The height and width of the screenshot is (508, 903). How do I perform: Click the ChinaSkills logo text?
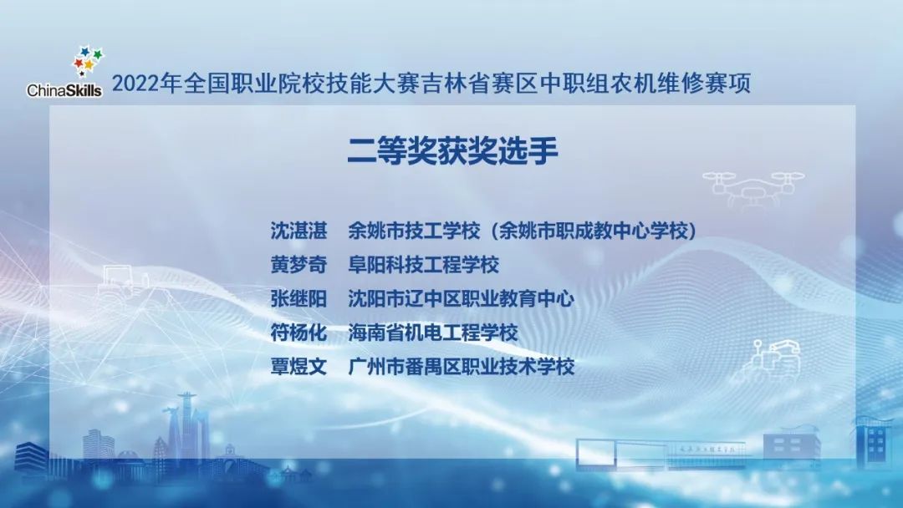click(x=64, y=90)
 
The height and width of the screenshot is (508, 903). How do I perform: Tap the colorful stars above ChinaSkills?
click(x=88, y=60)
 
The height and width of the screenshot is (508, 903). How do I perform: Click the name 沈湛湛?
click(x=294, y=231)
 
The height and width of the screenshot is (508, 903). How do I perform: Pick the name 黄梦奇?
click(x=294, y=265)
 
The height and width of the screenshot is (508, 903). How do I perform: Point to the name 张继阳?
click(x=294, y=298)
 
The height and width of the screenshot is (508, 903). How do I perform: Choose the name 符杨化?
click(x=294, y=333)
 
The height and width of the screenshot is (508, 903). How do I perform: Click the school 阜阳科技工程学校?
click(x=423, y=265)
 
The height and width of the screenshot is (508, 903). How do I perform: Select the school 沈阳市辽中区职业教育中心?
click(x=461, y=298)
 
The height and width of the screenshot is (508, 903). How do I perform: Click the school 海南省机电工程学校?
click(x=432, y=333)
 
